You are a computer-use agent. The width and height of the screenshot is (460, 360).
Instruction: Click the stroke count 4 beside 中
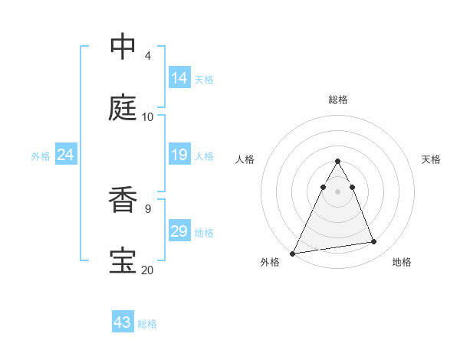point(147,56)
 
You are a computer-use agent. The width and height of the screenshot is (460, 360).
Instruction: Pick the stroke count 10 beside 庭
point(148,117)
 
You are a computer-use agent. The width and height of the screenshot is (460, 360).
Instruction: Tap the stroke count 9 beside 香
point(147,208)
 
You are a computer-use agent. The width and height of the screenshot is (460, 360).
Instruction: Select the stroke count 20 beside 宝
point(148,270)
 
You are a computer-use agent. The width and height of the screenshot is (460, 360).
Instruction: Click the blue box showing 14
point(179,78)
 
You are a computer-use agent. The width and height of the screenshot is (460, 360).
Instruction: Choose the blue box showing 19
point(179,155)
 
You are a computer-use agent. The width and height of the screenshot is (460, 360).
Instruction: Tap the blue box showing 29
point(179,231)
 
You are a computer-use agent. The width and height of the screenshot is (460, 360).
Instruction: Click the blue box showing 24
point(66,155)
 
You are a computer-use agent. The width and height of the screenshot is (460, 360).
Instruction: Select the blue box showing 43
point(123,322)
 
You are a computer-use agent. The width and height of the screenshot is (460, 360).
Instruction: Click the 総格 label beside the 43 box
point(147,324)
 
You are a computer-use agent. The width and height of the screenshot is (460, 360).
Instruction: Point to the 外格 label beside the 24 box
point(41,156)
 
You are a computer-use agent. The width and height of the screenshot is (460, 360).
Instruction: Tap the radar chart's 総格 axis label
point(338,100)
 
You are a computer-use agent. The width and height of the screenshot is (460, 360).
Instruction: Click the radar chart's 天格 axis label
point(431,159)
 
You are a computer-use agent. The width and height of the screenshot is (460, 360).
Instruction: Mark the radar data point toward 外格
point(293,254)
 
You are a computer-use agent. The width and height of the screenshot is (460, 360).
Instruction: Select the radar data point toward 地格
point(374,242)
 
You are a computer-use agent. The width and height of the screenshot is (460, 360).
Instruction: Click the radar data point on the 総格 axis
point(337,162)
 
